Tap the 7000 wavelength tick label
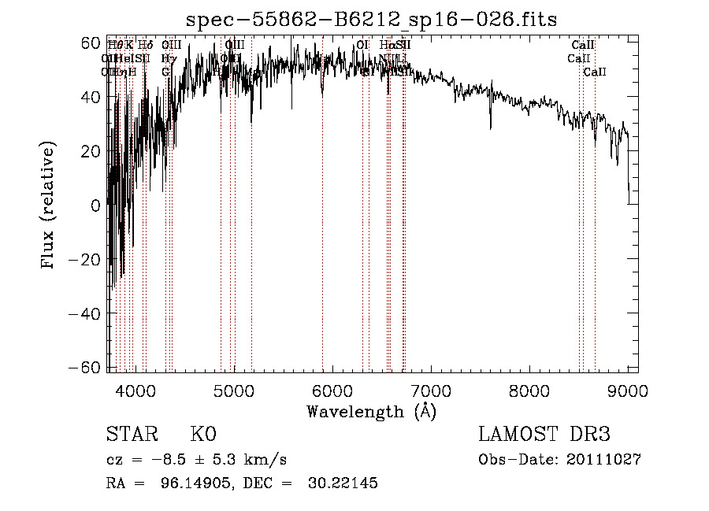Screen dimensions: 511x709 431,391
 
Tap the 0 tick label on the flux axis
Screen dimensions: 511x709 96,206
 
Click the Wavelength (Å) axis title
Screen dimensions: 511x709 371,411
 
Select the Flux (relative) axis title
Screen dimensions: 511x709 50,206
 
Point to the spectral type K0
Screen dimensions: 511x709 203,435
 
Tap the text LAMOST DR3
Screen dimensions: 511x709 544,435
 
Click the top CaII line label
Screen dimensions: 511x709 583,46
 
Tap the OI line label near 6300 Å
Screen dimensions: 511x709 362,46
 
